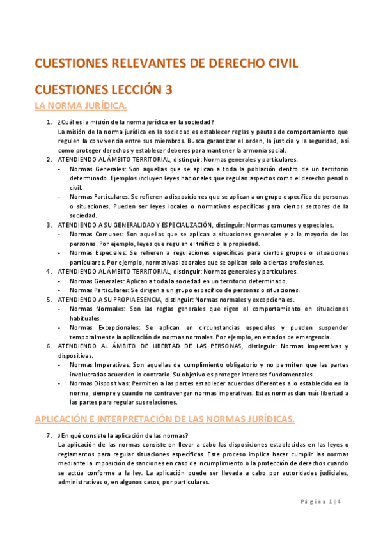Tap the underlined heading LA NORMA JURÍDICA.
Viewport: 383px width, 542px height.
coord(81,105)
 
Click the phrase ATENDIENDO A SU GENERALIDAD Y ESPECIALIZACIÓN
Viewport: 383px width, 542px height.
coord(134,225)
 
